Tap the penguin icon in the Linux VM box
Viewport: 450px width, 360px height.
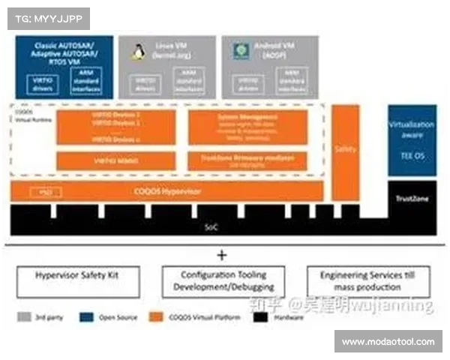pyautogui.click(x=138, y=51)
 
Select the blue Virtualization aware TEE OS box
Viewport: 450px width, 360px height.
pyautogui.click(x=412, y=139)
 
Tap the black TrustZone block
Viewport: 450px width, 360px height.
pyautogui.click(x=412, y=199)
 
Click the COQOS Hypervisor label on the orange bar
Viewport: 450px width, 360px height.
pyautogui.click(x=166, y=192)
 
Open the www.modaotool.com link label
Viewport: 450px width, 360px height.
pyautogui.click(x=388, y=342)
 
